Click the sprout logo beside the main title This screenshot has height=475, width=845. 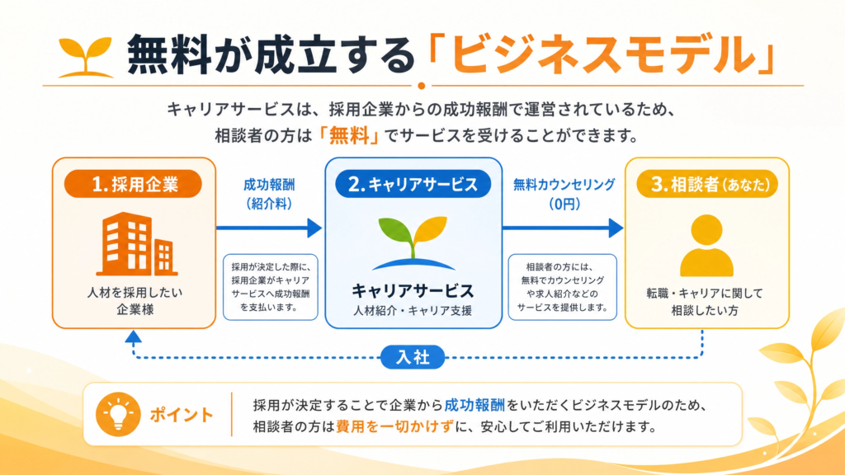tap(85, 57)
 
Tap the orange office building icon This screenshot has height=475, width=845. tap(137, 244)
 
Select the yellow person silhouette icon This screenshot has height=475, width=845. tap(706, 246)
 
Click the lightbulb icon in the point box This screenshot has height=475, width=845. tap(118, 414)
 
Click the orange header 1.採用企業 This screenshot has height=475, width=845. tap(133, 184)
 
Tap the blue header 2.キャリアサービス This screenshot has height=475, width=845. tap(413, 184)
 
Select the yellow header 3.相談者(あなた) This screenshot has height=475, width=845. tap(707, 184)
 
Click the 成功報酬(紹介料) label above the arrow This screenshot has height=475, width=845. tap(269, 195)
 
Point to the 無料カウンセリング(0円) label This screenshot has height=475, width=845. tap(564, 195)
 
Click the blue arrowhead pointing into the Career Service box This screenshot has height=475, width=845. tap(314, 228)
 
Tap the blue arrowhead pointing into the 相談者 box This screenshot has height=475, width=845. tap(616, 228)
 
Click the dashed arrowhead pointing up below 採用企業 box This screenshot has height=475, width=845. tap(133, 337)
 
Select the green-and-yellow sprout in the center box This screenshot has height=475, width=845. tap(413, 243)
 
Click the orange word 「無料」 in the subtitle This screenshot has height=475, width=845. tap(349, 135)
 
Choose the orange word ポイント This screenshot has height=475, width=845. tap(182, 415)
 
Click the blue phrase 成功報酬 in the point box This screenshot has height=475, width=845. tap(474, 405)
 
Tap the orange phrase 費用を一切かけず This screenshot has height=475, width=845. tap(394, 426)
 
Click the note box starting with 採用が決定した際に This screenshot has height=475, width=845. tap(271, 287)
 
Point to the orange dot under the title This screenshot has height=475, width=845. tap(422, 86)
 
